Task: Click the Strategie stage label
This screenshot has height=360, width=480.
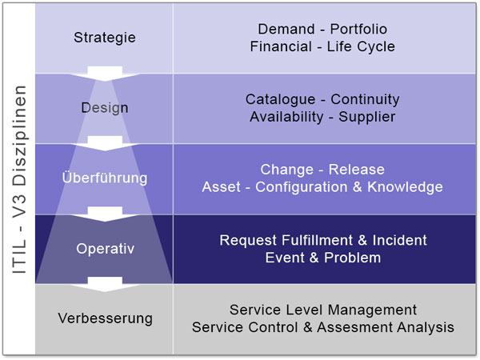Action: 105,38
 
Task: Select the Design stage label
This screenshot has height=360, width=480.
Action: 105,108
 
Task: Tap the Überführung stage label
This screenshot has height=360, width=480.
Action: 105,178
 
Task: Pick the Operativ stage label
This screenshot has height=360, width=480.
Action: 105,249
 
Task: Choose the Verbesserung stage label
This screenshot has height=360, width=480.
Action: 105,318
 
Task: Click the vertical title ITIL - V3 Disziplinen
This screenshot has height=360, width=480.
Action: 19,181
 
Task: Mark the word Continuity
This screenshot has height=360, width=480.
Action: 365,100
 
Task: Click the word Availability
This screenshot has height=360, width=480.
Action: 282,117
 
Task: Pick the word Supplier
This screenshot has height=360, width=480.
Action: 367,117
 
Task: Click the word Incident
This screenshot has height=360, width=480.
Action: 398,240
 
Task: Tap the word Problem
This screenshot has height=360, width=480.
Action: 353,258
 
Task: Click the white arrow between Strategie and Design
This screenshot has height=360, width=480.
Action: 105,73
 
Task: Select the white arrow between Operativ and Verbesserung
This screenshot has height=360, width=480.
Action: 105,283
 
